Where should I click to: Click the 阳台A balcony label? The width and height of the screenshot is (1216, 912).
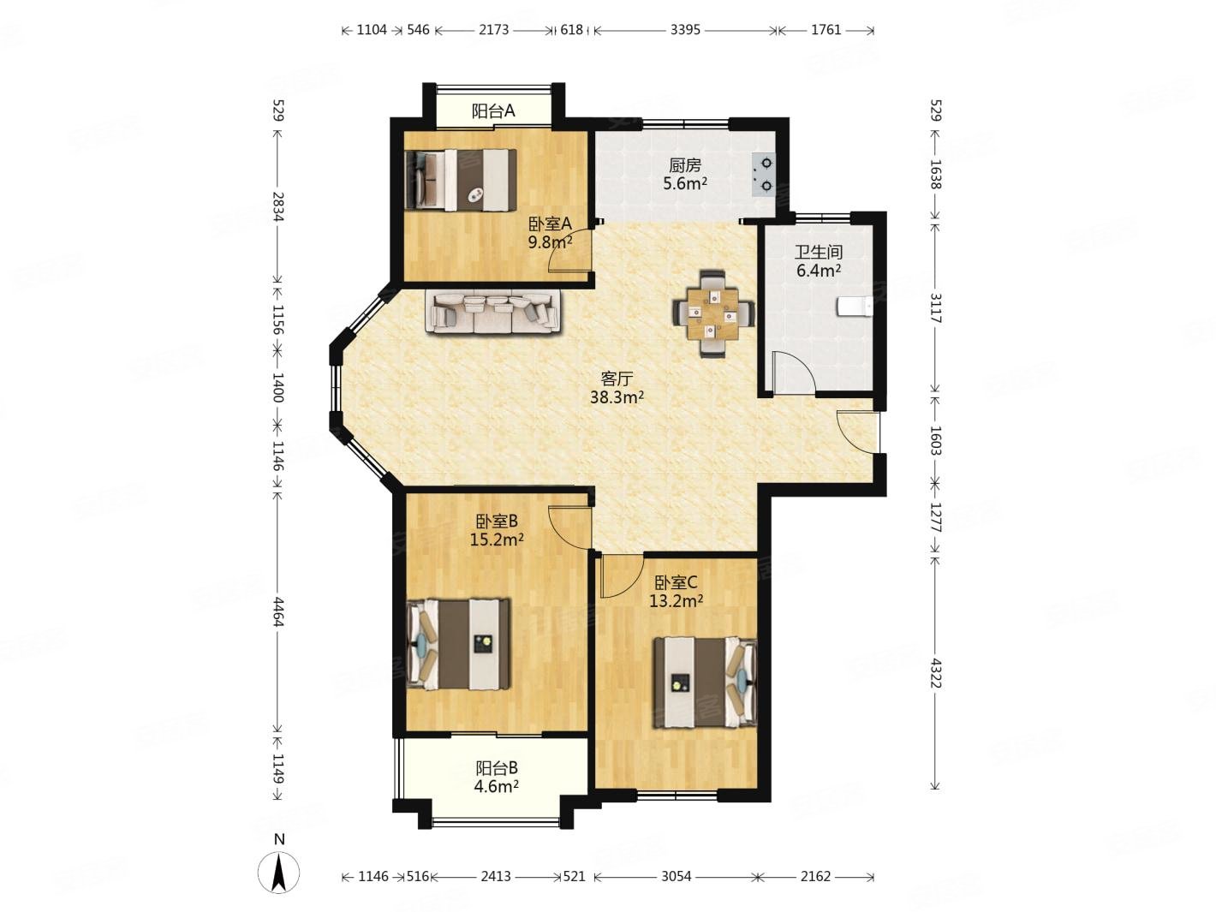tap(492, 111)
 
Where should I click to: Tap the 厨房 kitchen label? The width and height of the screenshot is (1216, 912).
tap(685, 165)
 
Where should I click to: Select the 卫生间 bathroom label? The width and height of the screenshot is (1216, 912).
tap(819, 253)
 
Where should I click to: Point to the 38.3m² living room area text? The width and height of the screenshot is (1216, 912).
tap(617, 397)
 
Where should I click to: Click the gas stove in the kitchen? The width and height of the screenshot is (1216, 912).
tap(763, 174)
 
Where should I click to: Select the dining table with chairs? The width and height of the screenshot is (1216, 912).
tap(713, 313)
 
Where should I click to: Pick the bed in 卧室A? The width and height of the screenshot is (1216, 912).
tap(461, 180)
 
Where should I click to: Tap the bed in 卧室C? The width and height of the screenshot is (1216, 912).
tap(705, 683)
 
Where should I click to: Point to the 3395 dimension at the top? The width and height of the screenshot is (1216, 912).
tap(685, 30)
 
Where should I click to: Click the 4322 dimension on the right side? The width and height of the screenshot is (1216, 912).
tap(935, 673)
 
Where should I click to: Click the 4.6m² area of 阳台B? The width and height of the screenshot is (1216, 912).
tap(497, 786)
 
